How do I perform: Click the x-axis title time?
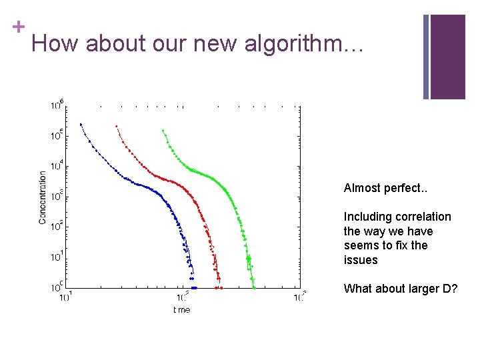181,310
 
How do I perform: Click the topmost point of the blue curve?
81,124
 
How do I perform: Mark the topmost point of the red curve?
116,125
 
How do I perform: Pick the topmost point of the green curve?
163,131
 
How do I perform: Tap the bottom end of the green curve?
254,288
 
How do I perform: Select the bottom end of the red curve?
219,287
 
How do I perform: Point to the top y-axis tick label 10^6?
57,105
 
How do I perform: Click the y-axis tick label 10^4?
57,165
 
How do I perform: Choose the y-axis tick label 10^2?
57,227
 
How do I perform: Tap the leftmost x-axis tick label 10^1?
65,297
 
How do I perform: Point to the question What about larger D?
400,289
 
